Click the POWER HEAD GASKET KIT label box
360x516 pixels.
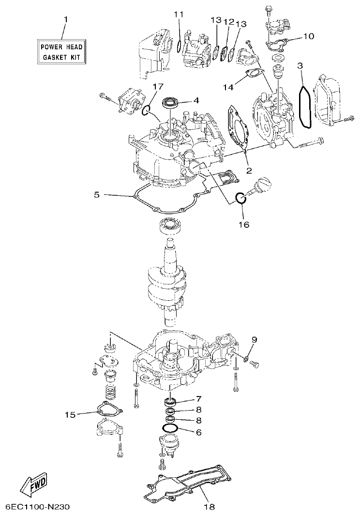61,52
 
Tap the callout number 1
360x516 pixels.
66,19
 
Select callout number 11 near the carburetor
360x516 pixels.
179,15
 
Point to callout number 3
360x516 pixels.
300,65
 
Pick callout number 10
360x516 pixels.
309,36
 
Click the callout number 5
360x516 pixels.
96,195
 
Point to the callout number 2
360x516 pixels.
249,170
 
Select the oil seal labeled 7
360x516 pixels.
170,401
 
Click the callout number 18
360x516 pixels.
208,507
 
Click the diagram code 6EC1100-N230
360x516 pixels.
38,507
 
